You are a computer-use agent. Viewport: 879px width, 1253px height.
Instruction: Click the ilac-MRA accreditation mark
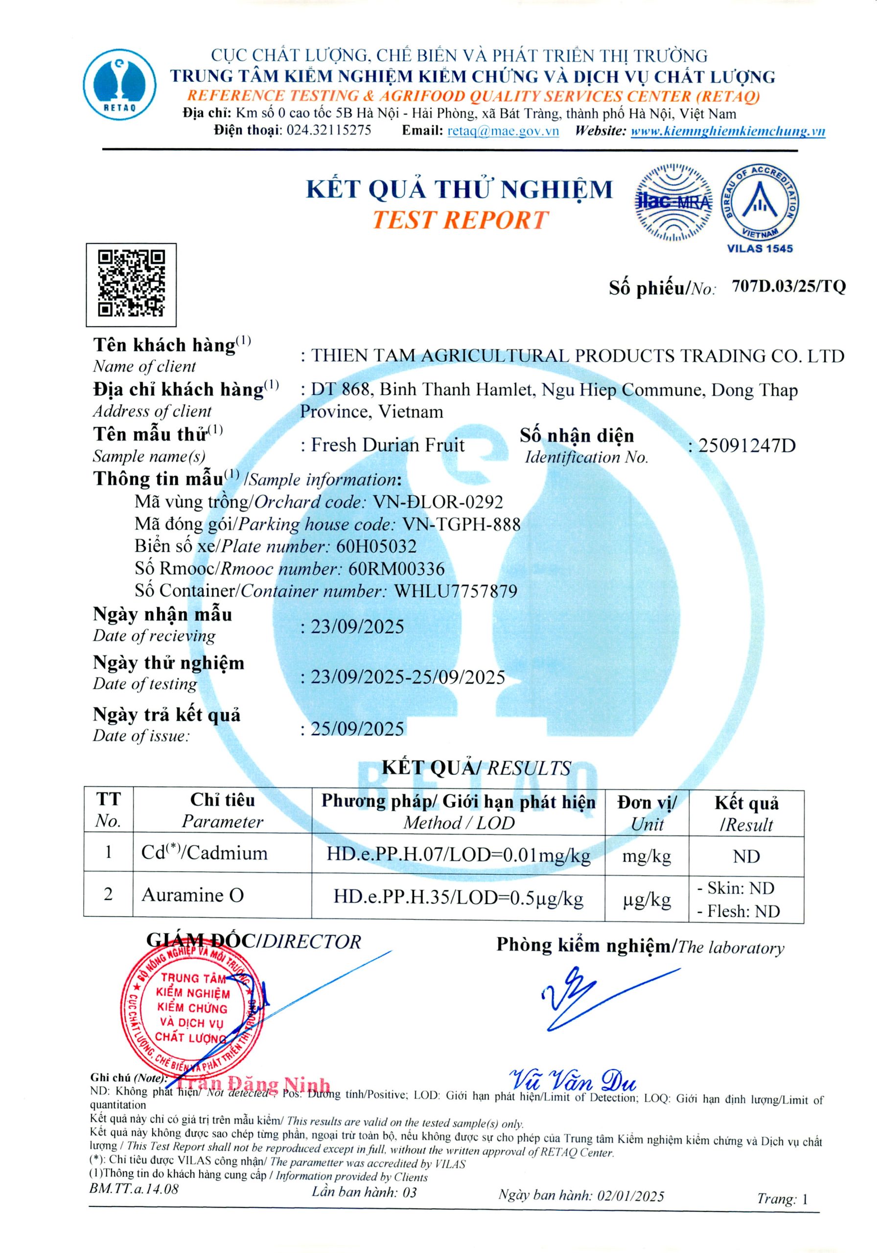coord(673,202)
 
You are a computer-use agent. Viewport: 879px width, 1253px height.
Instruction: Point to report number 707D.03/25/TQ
coord(788,286)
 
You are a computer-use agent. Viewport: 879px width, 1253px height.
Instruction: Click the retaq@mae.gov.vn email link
coord(503,131)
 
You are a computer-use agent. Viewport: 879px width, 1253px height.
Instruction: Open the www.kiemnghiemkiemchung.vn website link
coord(727,131)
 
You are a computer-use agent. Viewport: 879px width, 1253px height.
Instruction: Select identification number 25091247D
coord(746,446)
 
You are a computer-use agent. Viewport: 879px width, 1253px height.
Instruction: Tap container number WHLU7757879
coord(456,591)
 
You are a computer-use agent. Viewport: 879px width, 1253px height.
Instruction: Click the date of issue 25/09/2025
coord(357,729)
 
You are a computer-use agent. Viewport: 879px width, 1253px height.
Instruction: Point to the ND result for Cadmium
coord(746,856)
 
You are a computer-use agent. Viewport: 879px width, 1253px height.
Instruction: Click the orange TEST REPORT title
coord(460,220)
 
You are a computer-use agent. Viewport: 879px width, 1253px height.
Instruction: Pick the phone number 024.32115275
coord(329,130)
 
